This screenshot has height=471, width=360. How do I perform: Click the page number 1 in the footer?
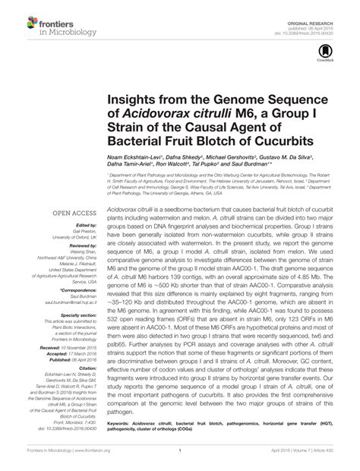pyautogui.click(x=181, y=459)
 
